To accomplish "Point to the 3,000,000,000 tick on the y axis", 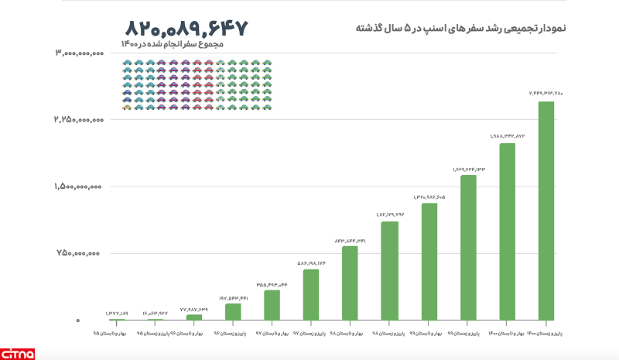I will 79,53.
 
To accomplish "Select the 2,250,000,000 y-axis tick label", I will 79,120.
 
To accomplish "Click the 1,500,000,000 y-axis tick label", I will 79,187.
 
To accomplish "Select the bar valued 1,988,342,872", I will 507,231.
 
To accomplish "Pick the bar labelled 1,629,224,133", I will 467,248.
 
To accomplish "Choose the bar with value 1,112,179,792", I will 389,271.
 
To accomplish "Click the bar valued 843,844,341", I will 350,283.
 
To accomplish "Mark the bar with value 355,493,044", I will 272,305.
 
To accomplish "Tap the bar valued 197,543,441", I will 233,312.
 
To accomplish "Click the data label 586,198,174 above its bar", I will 311,263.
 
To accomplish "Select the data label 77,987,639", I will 194,309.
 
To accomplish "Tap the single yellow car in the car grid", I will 126,107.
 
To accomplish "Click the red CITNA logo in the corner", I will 17,352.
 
